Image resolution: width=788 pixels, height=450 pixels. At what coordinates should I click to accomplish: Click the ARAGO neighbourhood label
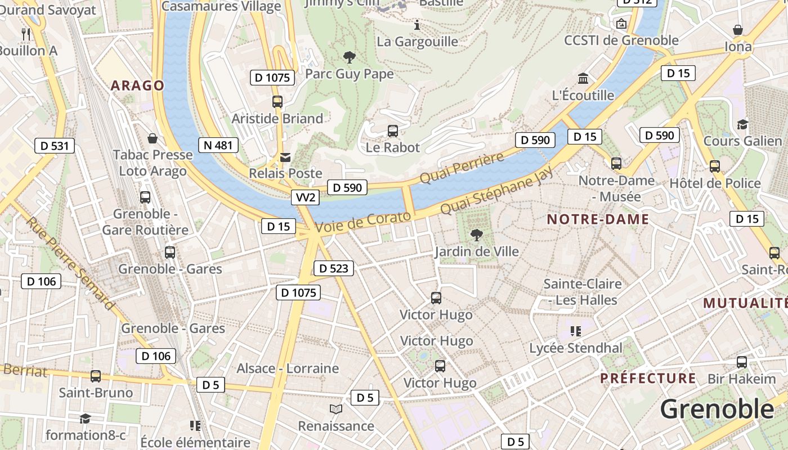(x=137, y=85)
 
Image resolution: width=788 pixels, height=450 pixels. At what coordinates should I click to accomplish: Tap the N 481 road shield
(x=218, y=145)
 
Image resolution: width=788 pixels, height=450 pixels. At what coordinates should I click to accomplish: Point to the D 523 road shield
(x=333, y=268)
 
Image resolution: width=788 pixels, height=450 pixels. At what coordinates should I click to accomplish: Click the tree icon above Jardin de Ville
(x=476, y=235)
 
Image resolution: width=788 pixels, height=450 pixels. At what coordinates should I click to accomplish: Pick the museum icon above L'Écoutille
(x=583, y=78)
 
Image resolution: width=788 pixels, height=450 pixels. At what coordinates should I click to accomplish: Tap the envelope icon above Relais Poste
(x=285, y=157)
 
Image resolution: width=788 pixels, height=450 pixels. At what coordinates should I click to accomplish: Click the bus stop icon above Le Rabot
(x=393, y=131)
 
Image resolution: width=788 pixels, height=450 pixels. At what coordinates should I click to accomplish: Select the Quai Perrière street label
(x=462, y=167)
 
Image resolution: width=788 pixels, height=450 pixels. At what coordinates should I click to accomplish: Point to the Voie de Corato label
(x=363, y=222)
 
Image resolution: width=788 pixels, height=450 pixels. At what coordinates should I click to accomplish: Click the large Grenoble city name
(x=717, y=409)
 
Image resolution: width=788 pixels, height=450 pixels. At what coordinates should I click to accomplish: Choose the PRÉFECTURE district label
(x=648, y=378)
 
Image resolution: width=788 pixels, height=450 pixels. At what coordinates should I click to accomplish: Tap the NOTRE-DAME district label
(x=598, y=219)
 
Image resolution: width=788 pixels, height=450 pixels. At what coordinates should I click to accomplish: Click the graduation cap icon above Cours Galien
(x=742, y=124)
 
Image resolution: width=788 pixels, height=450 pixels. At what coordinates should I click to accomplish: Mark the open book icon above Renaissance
(x=336, y=409)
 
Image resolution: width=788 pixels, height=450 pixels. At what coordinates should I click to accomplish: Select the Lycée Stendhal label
(x=576, y=348)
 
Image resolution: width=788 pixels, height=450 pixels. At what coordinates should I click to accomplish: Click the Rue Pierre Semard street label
(x=70, y=263)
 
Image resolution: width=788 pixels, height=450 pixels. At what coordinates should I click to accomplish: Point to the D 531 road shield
(x=55, y=146)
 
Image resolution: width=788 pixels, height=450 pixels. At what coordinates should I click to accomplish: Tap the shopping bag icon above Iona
(x=738, y=30)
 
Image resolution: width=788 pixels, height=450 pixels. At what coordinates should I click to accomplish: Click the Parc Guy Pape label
(x=349, y=74)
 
